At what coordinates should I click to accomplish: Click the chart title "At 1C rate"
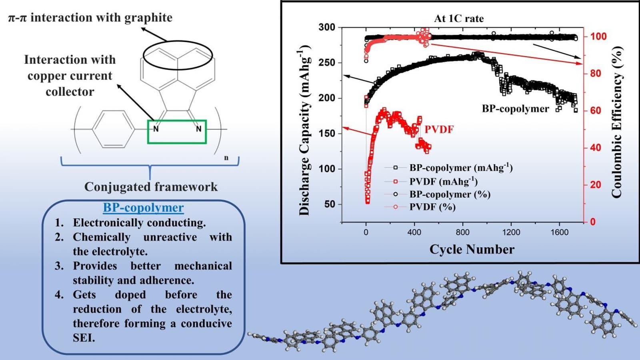point(459,19)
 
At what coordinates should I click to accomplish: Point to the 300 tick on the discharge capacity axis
point(327,28)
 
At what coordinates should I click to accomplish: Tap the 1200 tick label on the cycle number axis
point(511,232)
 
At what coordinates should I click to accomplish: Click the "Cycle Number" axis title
point(472,250)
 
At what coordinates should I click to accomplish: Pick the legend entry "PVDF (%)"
point(432,207)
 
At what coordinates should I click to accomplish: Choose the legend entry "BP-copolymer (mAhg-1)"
point(460,168)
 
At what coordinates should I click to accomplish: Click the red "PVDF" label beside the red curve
point(439,130)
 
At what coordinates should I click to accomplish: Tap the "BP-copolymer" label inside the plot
point(515,109)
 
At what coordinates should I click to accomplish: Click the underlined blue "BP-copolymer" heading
point(143,208)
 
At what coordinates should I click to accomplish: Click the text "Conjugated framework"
point(151,187)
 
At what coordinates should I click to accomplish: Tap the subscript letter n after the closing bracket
point(226,158)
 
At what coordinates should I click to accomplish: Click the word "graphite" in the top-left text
point(148,18)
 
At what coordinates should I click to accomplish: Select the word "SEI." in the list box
point(84,338)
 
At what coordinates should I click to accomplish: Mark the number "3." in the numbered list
point(59,266)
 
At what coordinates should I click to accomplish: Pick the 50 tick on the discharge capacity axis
point(330,204)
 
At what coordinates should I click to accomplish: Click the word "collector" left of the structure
point(70,92)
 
